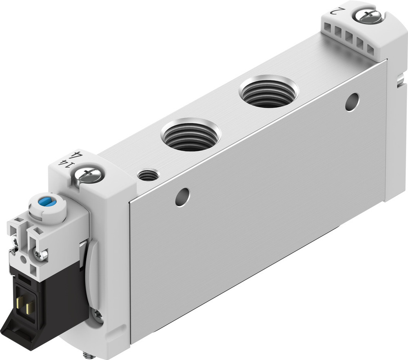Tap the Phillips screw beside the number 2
(368, 16)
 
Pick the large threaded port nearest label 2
(268, 92)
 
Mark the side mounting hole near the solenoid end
(182, 197)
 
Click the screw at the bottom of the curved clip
(98, 314)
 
